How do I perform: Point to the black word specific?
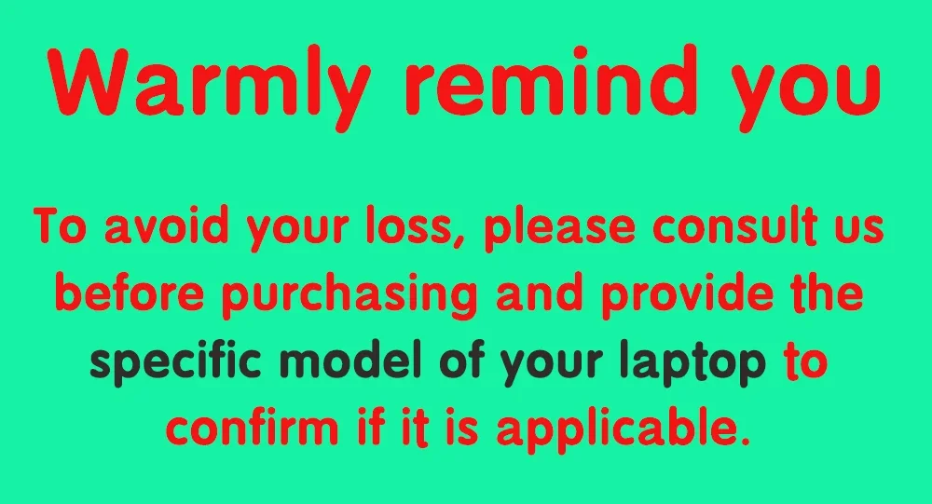pos(176,362)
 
